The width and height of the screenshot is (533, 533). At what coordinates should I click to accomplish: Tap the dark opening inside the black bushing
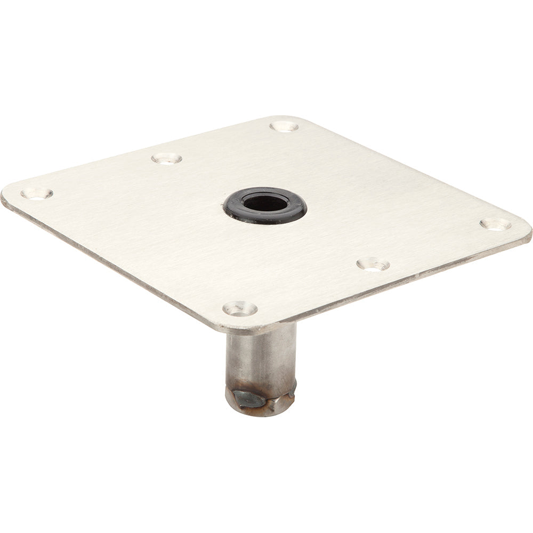(265, 203)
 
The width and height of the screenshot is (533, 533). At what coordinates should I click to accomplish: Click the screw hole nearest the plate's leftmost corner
(37, 193)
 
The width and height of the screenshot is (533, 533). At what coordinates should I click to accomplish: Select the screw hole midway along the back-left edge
(167, 158)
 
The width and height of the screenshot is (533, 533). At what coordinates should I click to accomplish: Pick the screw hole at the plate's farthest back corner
(284, 126)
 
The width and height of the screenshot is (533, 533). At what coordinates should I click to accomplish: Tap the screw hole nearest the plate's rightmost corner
(495, 224)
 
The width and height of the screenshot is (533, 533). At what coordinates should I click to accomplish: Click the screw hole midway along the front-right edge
(373, 264)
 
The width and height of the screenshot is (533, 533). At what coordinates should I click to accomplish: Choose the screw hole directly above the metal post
(240, 308)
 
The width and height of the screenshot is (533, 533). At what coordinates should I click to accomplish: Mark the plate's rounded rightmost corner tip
(529, 232)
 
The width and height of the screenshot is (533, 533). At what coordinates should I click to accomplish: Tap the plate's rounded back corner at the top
(285, 118)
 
